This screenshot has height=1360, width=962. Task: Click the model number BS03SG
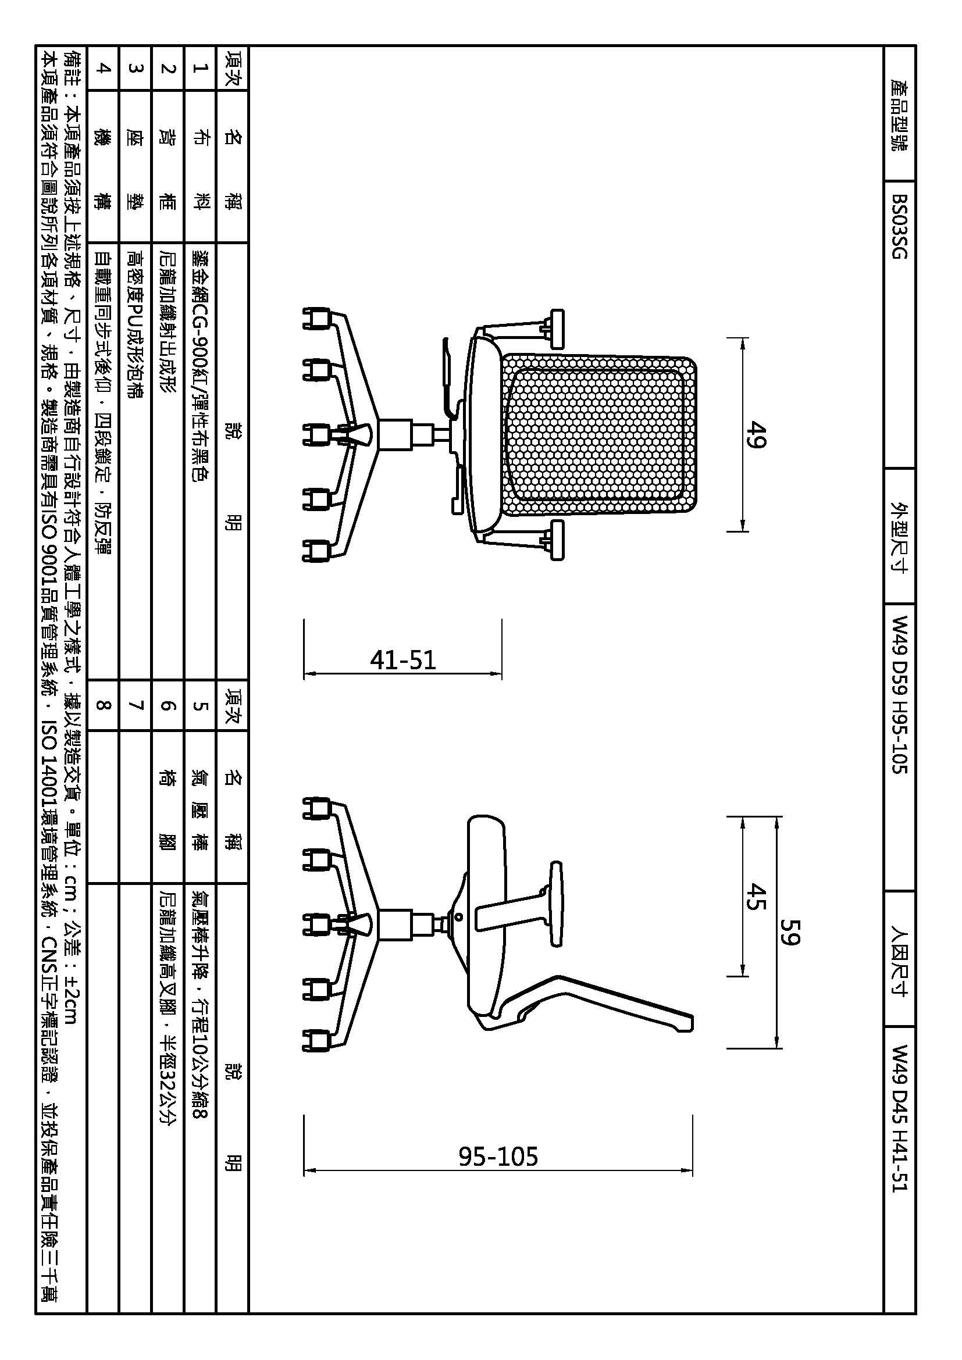[899, 226]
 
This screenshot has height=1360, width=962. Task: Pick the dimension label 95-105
[498, 1156]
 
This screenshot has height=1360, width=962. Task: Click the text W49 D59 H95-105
[899, 695]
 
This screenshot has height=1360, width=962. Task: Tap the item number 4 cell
[102, 68]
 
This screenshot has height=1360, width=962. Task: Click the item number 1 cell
[199, 68]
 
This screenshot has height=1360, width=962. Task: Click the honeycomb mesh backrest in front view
[598, 434]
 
